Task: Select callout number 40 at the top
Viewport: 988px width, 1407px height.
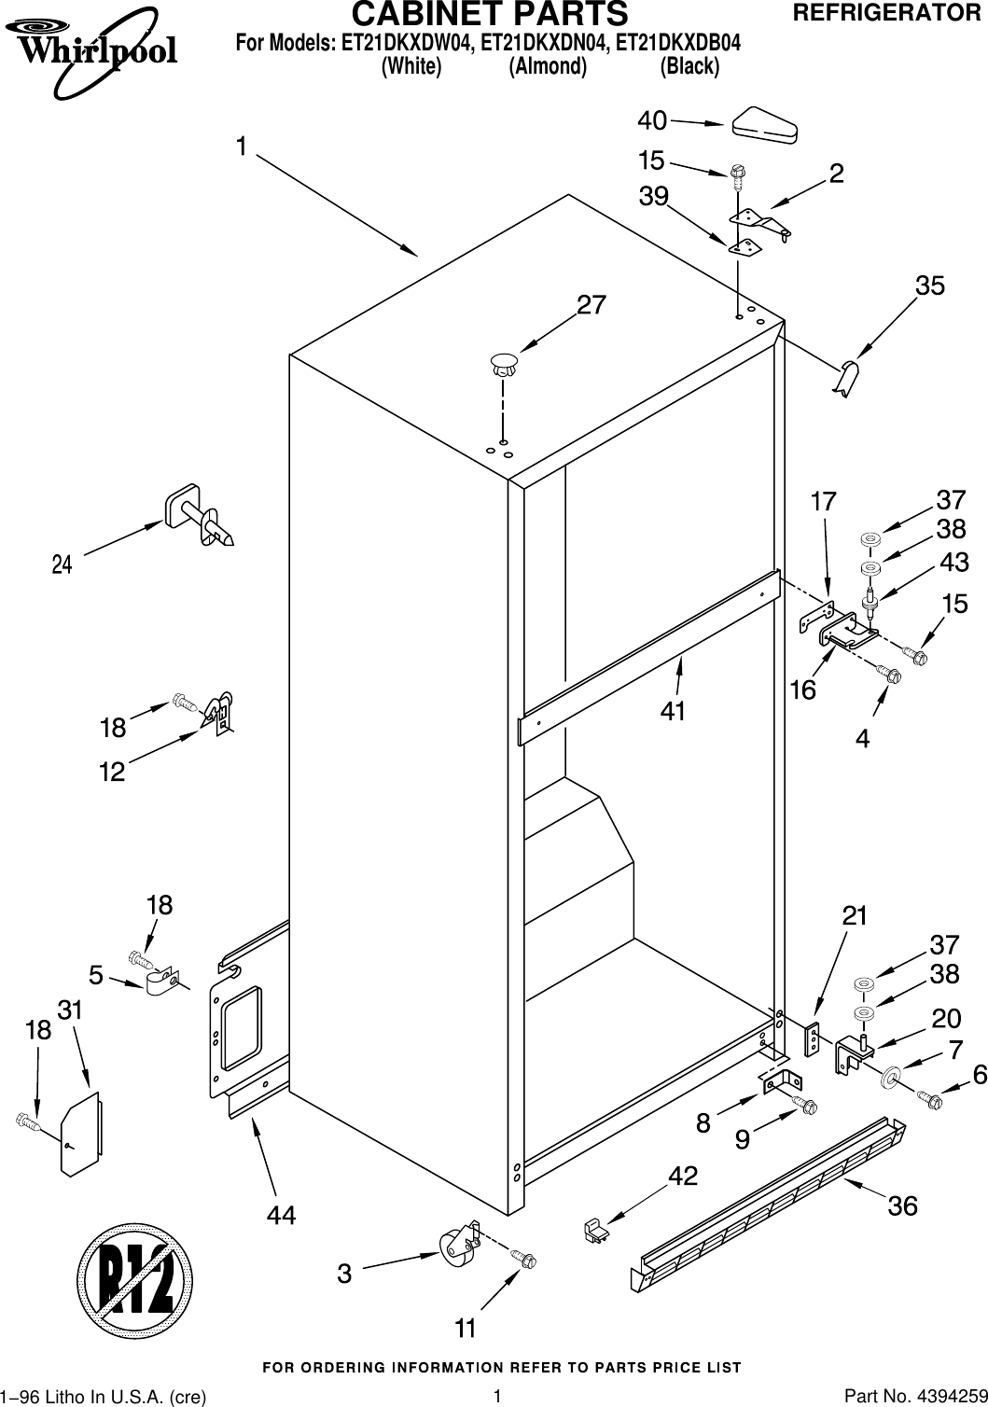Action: coord(652,120)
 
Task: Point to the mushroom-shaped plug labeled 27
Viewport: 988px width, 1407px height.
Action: coord(503,366)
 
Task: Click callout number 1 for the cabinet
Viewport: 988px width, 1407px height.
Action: coord(242,146)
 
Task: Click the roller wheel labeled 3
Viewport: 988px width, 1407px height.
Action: coord(457,1247)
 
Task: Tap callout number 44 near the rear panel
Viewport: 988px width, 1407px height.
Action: coord(281,1215)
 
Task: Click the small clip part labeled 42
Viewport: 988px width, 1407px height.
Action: coord(593,1231)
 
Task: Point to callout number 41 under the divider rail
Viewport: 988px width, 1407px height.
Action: coord(673,711)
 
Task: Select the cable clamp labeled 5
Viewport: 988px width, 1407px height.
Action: coord(162,980)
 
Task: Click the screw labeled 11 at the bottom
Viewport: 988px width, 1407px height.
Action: coord(524,1261)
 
